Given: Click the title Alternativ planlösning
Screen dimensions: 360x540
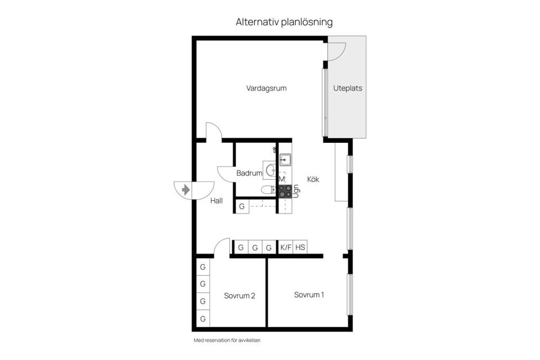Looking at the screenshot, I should tap(284, 22).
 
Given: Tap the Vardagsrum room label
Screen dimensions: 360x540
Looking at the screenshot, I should tap(267, 88).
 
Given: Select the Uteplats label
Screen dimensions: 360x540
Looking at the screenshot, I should tap(348, 88).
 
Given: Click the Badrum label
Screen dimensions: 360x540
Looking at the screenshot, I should tap(249, 173).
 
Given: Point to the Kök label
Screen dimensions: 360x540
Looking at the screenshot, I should tap(313, 179).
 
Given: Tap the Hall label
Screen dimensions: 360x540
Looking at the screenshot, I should tap(217, 200).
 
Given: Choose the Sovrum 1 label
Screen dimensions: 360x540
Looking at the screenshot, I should tap(309, 295).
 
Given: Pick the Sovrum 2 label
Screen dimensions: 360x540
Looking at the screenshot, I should tap(240, 296).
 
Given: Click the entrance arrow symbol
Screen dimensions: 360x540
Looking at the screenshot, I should tap(185, 190).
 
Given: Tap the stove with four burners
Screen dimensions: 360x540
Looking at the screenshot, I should tap(285, 191).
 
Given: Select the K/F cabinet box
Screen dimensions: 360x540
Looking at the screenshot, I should tap(286, 247).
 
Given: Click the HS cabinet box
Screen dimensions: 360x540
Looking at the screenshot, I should tap(300, 247).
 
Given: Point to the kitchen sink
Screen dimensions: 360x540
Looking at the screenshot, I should tap(285, 159).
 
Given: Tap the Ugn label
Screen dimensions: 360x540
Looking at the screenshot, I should tap(295, 190).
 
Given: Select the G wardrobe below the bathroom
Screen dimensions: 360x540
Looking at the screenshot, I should tap(242, 206).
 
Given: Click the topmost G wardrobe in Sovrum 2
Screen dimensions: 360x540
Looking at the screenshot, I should tap(202, 266).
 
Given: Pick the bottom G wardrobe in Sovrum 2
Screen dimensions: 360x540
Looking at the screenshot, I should tap(202, 319).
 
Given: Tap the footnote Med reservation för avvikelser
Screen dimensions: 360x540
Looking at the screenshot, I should tap(227, 340).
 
